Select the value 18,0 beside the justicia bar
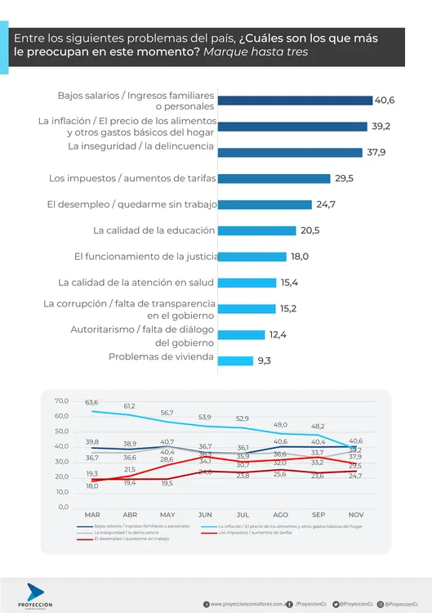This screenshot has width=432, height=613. pos(300,257)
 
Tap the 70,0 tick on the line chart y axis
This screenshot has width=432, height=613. pos(62,401)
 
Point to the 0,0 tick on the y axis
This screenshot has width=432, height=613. pos(65,507)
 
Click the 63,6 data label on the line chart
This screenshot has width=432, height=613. pos(91,402)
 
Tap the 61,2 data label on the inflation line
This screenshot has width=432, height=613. pos(130,406)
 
